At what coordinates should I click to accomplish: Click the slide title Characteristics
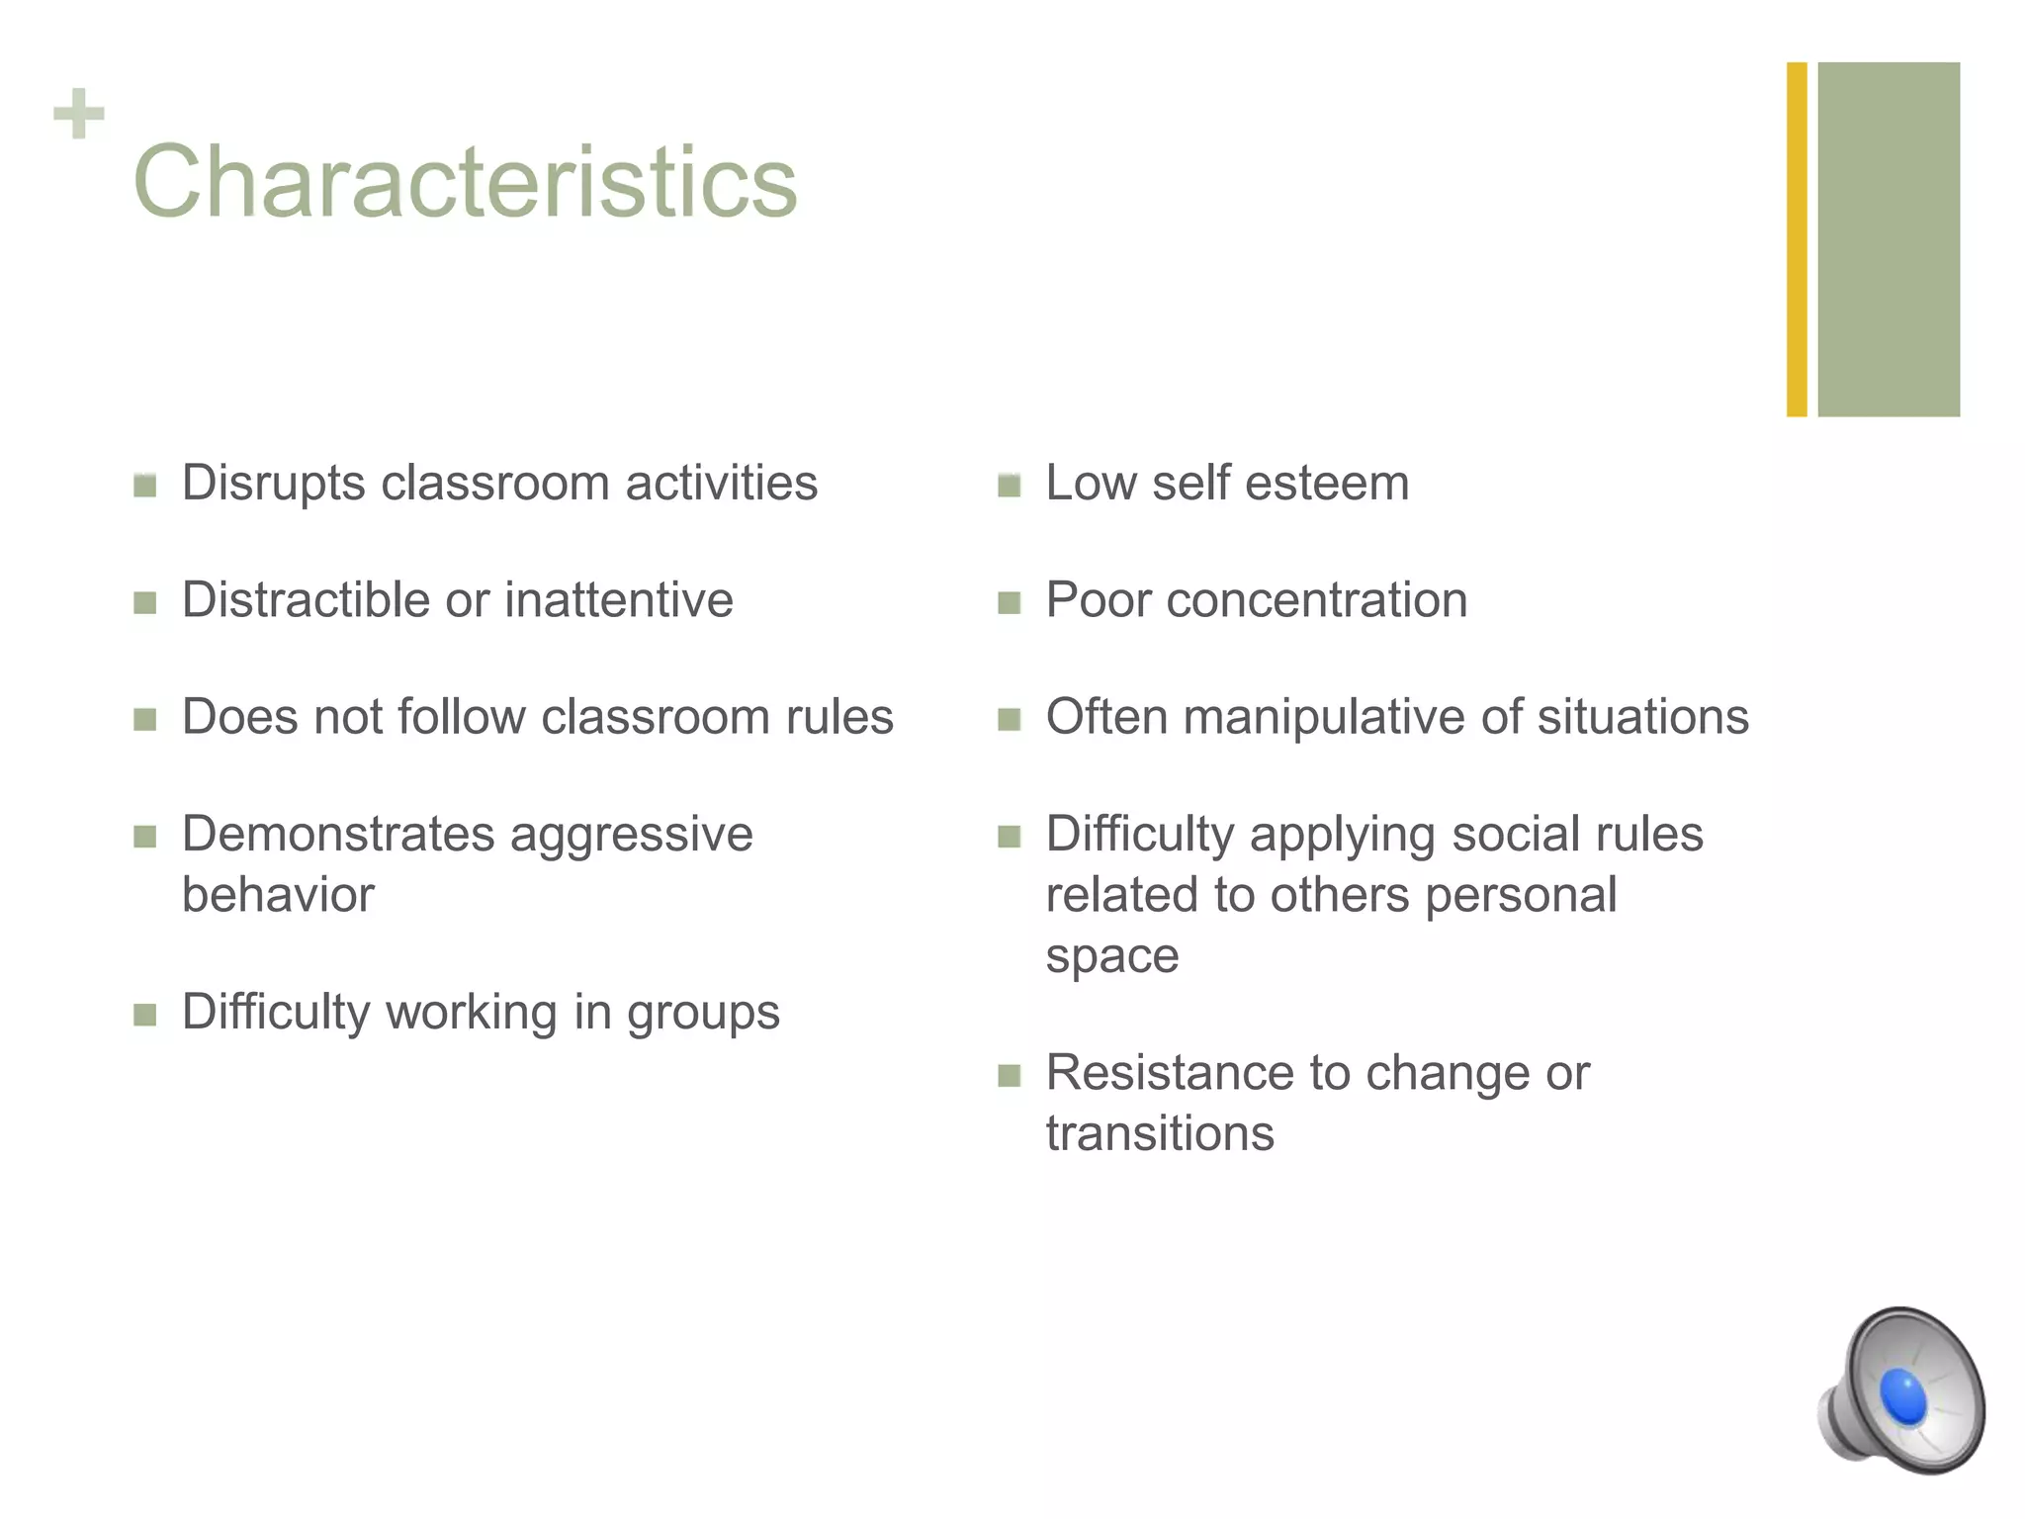coord(465,182)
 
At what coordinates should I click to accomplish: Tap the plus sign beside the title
coord(79,114)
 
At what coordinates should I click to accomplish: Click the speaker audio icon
coord(1900,1390)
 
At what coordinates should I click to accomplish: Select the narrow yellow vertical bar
coord(1797,239)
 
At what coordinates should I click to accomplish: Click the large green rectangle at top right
coord(1889,239)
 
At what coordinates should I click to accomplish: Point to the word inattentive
coord(619,600)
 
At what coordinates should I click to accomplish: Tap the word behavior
coord(278,895)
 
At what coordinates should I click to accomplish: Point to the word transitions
coord(1160,1133)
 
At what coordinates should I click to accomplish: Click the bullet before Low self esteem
coord(1009,486)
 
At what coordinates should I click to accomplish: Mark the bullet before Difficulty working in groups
coord(145,1015)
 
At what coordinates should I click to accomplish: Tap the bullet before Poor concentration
coord(1009,602)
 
